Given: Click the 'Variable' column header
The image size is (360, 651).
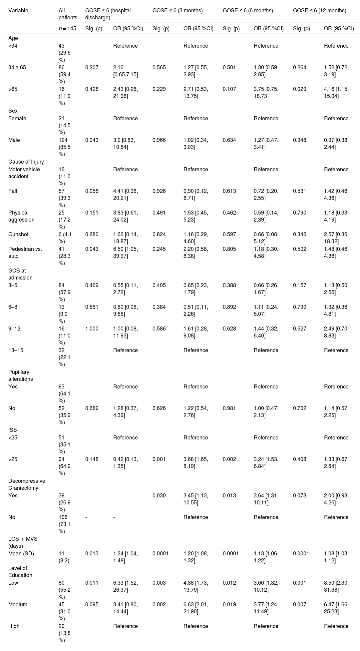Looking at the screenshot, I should (18, 10).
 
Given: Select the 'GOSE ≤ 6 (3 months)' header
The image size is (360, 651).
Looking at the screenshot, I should (178, 10).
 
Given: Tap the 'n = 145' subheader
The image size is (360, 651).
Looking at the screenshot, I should (67, 29).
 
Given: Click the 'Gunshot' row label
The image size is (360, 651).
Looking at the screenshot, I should (18, 234).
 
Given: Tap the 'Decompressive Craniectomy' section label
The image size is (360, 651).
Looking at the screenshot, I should (27, 484).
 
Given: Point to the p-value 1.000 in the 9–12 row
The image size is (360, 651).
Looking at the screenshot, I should (92, 328).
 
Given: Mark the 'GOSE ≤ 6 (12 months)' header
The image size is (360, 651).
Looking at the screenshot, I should (319, 10).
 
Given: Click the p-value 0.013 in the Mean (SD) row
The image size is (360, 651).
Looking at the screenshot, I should (92, 553).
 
